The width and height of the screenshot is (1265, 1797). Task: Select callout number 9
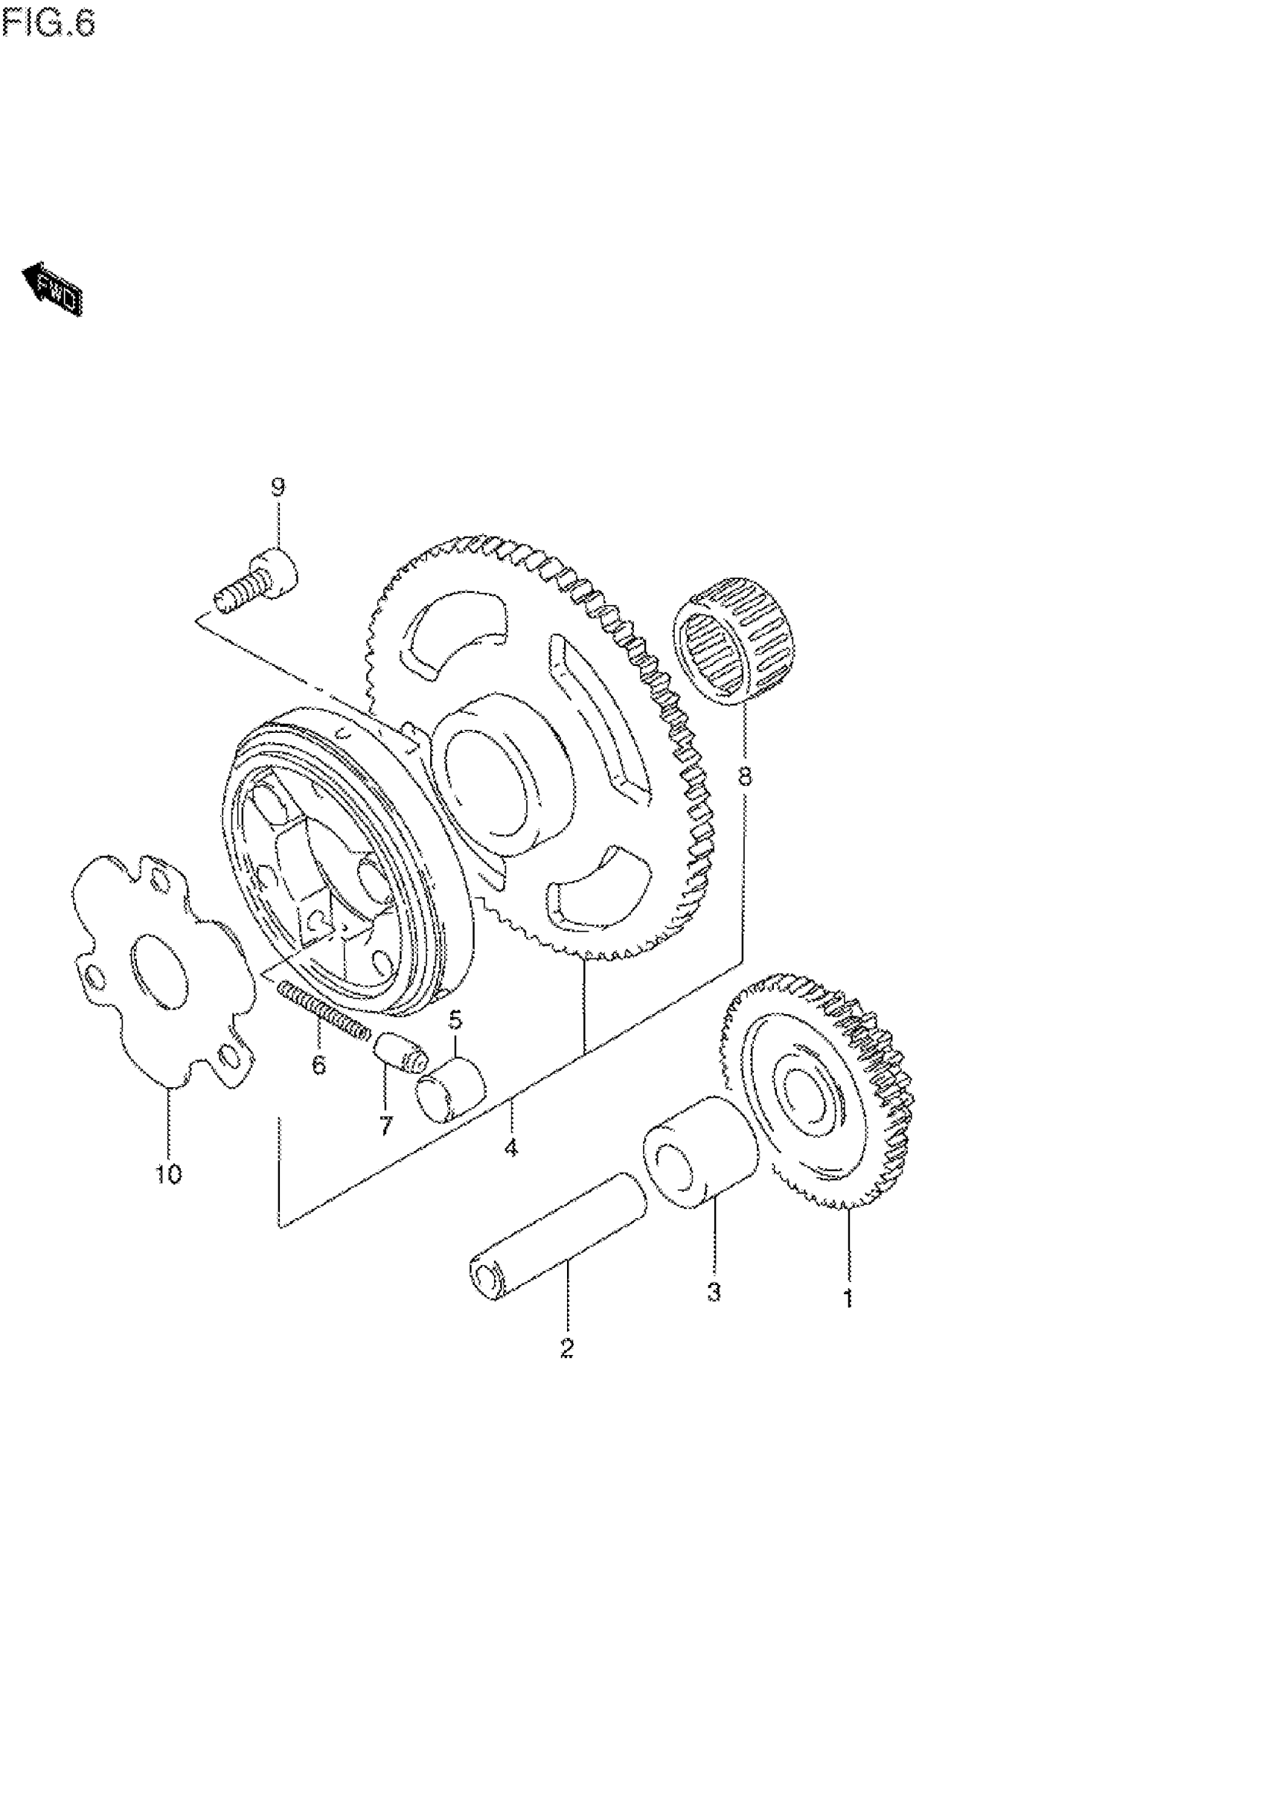pyautogui.click(x=278, y=487)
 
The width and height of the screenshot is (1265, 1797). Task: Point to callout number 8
pyautogui.click(x=743, y=776)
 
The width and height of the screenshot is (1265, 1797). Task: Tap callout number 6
pyautogui.click(x=318, y=1066)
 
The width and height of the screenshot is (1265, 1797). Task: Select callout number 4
pyautogui.click(x=510, y=1148)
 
